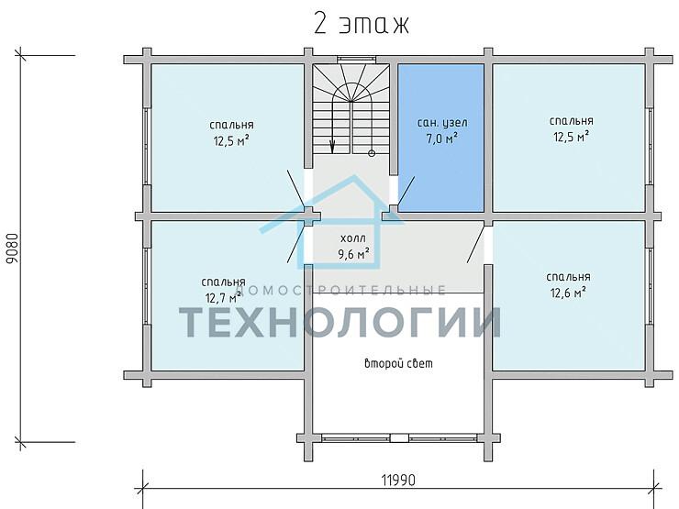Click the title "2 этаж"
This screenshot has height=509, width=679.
362,24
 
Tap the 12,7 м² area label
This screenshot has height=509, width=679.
224,298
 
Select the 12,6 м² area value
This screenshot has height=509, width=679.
568,293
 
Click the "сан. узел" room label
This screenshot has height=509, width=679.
442,123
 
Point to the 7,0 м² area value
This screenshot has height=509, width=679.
442,138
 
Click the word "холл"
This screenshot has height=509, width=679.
353,238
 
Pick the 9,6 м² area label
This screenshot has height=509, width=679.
353,253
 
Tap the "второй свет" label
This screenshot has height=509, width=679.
398,363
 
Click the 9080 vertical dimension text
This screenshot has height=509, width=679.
13,249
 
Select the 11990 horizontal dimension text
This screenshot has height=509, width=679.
398,480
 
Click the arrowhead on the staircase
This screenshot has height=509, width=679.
332,147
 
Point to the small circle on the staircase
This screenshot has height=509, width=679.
372,153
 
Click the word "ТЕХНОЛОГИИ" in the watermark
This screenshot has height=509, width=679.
339,322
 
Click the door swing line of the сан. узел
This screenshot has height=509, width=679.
406,191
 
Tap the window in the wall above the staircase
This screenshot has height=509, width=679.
351,60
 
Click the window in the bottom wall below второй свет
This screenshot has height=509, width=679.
399,437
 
